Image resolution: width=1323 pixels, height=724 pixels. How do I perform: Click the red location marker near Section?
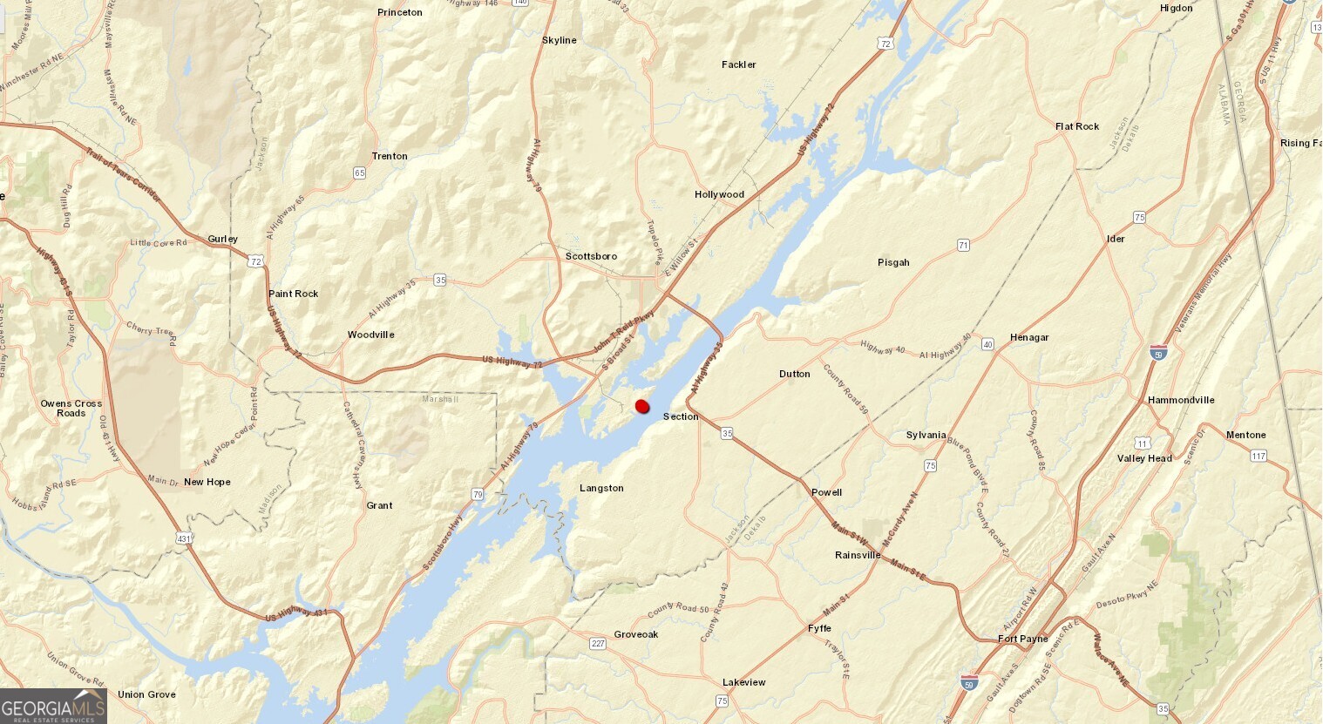[643, 406]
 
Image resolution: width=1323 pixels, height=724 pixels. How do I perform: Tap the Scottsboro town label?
[591, 256]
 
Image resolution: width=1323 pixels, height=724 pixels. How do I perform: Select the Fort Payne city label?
[1022, 639]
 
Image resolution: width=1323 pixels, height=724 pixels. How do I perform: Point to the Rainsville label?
[858, 555]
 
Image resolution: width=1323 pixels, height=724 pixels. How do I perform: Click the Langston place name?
[601, 488]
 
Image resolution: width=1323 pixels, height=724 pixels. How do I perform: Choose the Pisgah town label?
[893, 262]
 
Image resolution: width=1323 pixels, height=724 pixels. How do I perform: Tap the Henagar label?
[1029, 337]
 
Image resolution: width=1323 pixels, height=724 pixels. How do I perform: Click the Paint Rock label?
[294, 294]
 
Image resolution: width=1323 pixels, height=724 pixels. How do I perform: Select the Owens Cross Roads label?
[71, 408]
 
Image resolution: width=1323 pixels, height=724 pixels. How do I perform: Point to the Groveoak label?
[636, 634]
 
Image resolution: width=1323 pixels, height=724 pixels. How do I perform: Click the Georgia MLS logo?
[53, 706]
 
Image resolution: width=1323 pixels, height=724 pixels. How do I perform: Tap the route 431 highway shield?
[184, 539]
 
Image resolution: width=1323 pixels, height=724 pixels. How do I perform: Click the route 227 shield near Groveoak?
[598, 644]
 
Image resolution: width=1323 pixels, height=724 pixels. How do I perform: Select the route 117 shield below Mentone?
[1258, 456]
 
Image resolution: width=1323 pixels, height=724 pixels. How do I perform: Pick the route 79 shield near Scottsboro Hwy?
[478, 495]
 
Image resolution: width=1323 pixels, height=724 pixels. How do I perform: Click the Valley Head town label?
[1144, 458]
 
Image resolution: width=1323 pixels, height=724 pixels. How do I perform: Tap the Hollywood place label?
[719, 194]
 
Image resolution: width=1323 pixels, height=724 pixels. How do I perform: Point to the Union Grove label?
[146, 694]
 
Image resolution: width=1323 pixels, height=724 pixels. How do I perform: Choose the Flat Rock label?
[1077, 126]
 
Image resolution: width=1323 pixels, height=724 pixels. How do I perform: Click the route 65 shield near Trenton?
[360, 173]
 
